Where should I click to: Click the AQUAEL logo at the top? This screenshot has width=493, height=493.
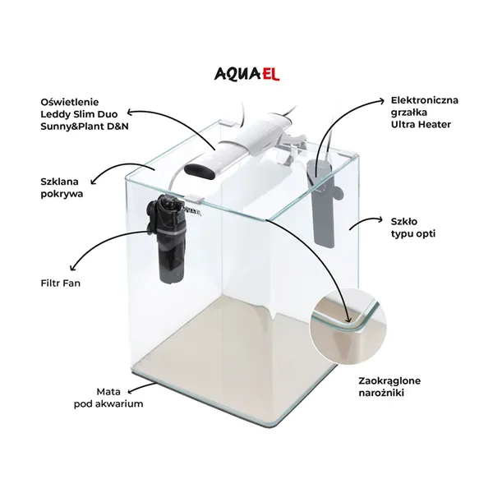(246, 74)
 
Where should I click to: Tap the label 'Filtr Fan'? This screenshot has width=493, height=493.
(60, 283)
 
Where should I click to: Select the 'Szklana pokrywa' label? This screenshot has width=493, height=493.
(62, 187)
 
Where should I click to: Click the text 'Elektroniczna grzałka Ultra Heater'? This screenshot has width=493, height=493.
(425, 113)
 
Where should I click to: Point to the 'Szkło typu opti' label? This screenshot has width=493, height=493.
(413, 228)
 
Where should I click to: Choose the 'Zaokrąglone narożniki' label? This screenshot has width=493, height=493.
(389, 387)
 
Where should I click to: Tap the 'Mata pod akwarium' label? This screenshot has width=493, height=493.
(108, 398)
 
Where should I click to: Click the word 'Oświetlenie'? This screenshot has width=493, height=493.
(70, 102)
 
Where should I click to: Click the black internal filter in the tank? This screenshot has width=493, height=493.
(168, 238)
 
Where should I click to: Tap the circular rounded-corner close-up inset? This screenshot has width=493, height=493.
(348, 325)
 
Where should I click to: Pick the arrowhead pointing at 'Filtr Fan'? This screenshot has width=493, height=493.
(73, 267)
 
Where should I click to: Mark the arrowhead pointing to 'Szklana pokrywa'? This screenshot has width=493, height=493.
(94, 181)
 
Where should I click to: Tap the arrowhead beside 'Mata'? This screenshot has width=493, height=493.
(130, 391)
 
